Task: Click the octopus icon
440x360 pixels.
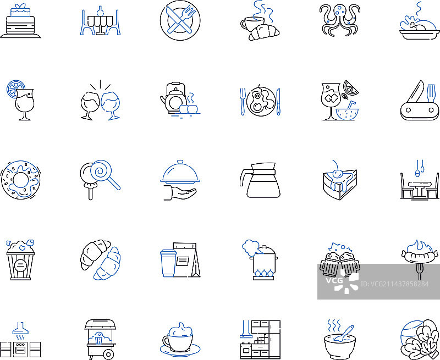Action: tap(339, 20)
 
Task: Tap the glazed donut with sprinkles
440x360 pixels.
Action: tap(20, 180)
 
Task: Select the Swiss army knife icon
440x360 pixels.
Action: tap(420, 101)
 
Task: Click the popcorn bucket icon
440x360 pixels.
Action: tap(20, 259)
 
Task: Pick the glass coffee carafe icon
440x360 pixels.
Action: tap(260, 180)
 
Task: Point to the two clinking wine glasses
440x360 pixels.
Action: tap(100, 101)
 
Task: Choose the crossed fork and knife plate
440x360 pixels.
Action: tap(180, 20)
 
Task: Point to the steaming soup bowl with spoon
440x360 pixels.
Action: tap(340, 339)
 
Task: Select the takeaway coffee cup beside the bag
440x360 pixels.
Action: tap(168, 263)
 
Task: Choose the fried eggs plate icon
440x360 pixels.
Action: tap(260, 101)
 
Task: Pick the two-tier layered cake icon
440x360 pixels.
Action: tap(20, 20)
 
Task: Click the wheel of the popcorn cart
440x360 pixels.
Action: tap(108, 355)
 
